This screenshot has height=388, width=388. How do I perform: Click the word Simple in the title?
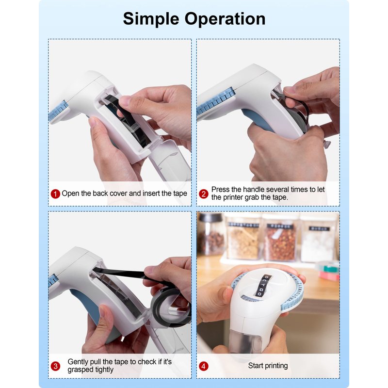coord(151,19)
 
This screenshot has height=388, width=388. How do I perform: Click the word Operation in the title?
coord(225,19)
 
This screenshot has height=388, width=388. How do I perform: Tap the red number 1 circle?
coord(55,194)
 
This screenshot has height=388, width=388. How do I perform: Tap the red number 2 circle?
coord(204,194)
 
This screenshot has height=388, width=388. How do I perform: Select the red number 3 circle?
coord(55,366)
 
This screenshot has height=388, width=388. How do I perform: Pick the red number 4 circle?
coord(204,366)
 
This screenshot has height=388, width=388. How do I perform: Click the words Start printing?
coord(268,366)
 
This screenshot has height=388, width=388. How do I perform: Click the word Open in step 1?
coord(70,193)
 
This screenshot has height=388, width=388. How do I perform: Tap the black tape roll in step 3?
coord(171,307)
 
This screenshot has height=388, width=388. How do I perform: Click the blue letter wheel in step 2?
coord(215,102)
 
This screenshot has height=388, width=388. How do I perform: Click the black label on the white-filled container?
coord(319,228)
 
